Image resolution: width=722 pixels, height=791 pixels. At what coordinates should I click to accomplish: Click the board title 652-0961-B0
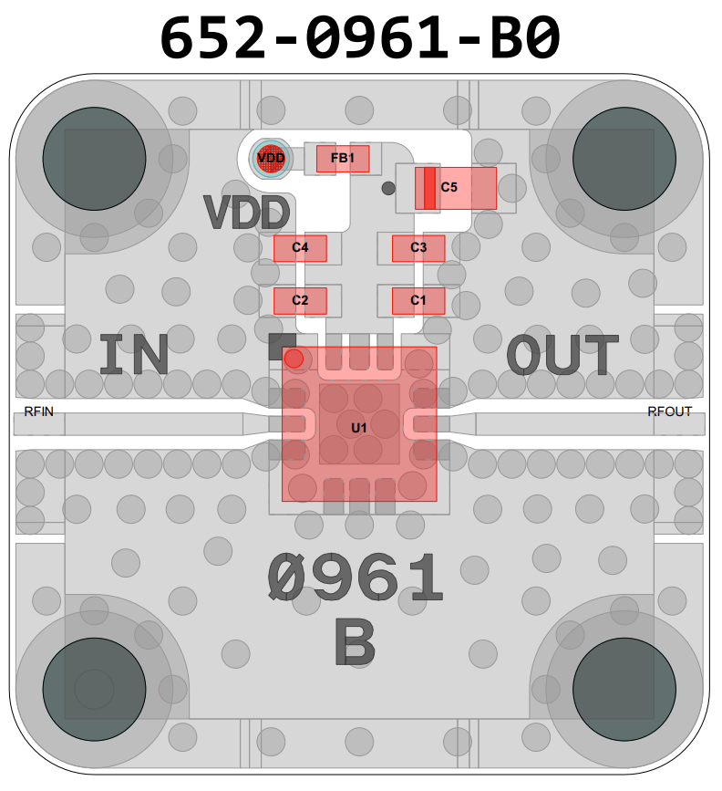tap(359, 37)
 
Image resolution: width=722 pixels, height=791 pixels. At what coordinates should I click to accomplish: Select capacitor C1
tap(418, 301)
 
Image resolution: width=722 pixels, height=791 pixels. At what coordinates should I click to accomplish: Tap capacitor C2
tap(300, 301)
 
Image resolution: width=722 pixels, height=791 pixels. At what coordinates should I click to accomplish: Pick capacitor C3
tap(418, 248)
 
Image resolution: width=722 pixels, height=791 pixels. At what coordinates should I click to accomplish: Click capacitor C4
tap(300, 248)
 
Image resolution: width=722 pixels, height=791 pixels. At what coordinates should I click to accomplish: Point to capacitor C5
tap(456, 188)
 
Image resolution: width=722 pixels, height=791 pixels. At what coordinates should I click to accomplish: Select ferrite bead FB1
tap(343, 159)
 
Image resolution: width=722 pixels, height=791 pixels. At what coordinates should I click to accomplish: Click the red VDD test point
tap(272, 159)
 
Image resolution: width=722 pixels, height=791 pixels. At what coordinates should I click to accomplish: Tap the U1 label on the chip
tap(359, 428)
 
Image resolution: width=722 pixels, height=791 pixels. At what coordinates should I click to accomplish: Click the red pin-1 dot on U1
tap(294, 359)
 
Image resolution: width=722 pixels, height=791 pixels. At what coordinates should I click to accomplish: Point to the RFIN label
tap(39, 411)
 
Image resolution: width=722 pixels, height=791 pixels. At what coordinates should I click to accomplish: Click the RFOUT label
tap(669, 411)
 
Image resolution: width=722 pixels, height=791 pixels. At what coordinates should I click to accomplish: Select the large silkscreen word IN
tap(134, 355)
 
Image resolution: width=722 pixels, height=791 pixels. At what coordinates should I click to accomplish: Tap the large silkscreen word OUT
tap(562, 355)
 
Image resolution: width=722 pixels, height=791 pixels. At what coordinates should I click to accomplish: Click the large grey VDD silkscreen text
tap(246, 213)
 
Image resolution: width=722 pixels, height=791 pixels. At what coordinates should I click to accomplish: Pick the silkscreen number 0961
tap(355, 577)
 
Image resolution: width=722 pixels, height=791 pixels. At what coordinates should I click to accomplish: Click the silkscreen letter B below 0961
tap(355, 642)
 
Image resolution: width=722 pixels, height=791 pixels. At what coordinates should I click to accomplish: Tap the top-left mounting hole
tap(94, 159)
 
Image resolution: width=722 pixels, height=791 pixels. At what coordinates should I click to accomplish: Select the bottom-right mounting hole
tap(624, 689)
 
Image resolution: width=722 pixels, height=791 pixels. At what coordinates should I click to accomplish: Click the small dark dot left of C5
tap(388, 188)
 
